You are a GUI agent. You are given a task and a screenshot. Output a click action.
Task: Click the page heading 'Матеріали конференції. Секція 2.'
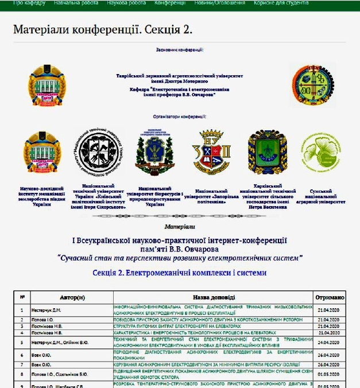click(103, 29)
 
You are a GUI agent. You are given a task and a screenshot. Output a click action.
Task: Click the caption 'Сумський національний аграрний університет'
click(324, 196)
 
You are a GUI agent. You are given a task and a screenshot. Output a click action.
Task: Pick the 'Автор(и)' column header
click(72, 297)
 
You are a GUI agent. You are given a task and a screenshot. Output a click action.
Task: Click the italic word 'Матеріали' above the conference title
click(179, 227)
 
